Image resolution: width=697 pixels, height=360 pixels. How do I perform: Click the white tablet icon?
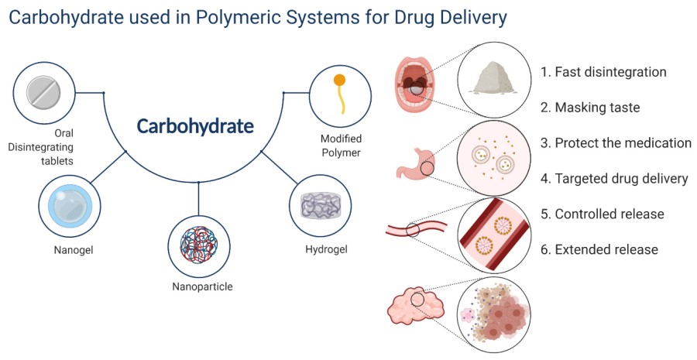(43, 94)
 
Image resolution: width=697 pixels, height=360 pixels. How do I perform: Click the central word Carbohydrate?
(195, 126)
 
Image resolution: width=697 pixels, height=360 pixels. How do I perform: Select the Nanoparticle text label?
(202, 286)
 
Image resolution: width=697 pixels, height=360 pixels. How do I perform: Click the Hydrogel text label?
(326, 249)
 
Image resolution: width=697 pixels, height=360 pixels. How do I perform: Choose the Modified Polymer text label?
(342, 146)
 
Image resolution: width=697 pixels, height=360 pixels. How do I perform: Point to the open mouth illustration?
(417, 87)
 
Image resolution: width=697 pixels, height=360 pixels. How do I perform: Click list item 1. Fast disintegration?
(603, 72)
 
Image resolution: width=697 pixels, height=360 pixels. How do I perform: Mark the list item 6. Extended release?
(599, 249)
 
